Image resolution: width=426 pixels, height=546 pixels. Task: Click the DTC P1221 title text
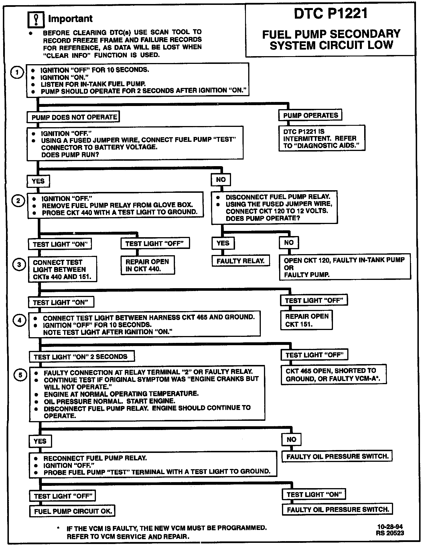[x=331, y=13]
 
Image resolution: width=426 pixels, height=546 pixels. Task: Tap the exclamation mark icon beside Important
[x=35, y=19]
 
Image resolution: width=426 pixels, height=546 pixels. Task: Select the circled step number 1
[x=17, y=72]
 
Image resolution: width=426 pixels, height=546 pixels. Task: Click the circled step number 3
[x=19, y=265]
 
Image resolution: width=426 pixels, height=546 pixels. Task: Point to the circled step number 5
[x=20, y=375]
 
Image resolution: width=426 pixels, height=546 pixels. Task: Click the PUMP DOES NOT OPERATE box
[x=74, y=117]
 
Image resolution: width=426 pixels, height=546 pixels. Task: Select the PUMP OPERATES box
[x=310, y=115]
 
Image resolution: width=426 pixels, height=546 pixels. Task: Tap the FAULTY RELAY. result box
[x=240, y=261]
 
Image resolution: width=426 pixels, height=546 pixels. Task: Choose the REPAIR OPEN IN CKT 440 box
[x=147, y=265]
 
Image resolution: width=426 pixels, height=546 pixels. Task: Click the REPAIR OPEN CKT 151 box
[x=306, y=320]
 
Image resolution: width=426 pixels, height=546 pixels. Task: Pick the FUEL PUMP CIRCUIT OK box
[x=72, y=511]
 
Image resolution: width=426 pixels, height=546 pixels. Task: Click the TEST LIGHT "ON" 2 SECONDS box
[x=82, y=357]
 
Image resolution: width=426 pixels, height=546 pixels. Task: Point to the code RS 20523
[x=390, y=533]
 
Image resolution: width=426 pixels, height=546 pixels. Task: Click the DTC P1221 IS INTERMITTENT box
[x=322, y=138]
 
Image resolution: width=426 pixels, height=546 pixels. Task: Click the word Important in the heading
[x=70, y=19]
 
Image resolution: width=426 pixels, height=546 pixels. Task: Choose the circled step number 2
[x=18, y=201]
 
